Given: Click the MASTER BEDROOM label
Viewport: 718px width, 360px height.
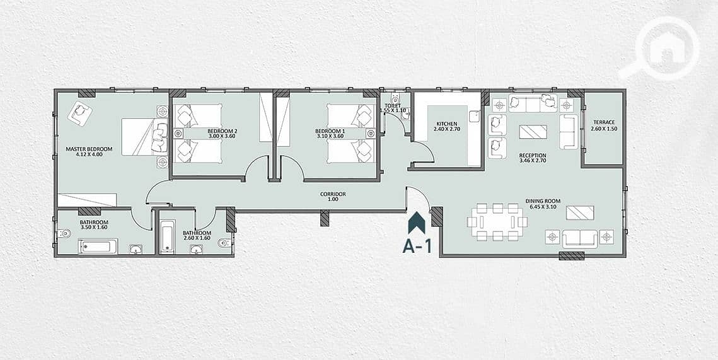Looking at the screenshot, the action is click(x=89, y=149).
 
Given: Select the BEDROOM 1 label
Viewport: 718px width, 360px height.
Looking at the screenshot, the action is click(x=330, y=131).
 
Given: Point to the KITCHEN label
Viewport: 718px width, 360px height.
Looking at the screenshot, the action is click(x=446, y=124).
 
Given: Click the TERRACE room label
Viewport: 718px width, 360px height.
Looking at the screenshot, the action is click(x=604, y=122).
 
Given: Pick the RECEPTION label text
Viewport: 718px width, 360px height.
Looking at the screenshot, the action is click(x=533, y=155).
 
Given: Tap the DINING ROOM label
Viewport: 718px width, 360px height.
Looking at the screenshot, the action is click(x=543, y=201).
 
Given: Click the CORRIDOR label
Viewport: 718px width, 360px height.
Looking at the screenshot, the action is click(x=333, y=194).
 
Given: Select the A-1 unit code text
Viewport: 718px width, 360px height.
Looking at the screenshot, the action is click(x=417, y=247).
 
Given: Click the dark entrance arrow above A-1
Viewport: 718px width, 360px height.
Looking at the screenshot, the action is click(x=417, y=223).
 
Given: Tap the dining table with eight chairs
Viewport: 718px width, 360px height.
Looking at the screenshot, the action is click(x=497, y=222).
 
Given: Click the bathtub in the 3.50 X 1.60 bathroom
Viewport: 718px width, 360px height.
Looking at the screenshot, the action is click(x=98, y=247).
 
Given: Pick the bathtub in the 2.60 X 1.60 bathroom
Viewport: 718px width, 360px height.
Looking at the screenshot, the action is click(x=168, y=236).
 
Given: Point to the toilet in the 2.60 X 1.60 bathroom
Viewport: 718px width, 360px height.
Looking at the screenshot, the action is click(x=224, y=243).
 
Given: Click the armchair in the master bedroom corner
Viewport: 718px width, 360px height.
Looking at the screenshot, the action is click(x=80, y=112).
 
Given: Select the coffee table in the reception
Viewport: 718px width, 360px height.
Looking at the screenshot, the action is click(x=533, y=132).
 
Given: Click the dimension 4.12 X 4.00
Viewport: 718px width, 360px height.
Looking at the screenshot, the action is click(x=90, y=154).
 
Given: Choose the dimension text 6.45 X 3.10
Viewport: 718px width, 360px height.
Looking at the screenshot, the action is click(x=543, y=207).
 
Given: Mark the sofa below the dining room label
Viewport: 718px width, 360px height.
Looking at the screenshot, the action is click(x=580, y=238).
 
